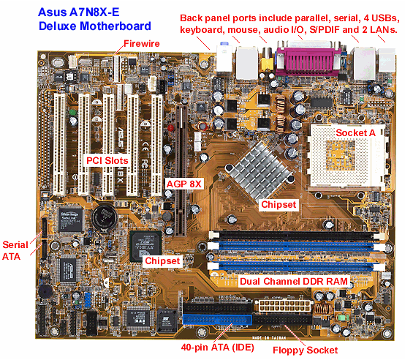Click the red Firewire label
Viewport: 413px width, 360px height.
pyautogui.click(x=142, y=43)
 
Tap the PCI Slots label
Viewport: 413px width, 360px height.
pyautogui.click(x=107, y=160)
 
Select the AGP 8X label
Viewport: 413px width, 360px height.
pyautogui.click(x=184, y=184)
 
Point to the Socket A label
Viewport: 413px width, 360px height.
pyautogui.click(x=355, y=132)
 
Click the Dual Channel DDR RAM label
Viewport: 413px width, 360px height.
pyautogui.click(x=294, y=281)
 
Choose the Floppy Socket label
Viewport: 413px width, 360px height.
pyautogui.click(x=305, y=350)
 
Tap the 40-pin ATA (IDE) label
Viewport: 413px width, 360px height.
pyautogui.click(x=217, y=348)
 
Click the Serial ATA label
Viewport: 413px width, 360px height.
pyautogui.click(x=15, y=250)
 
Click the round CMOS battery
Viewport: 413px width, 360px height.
pyautogui.click(x=104, y=217)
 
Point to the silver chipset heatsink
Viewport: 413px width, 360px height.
pyautogui.click(x=259, y=170)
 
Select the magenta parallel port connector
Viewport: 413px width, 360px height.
pyautogui.click(x=308, y=61)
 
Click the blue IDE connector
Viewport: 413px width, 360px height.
pyautogui.click(x=218, y=320)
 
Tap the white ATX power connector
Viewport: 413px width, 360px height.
pyautogui.click(x=283, y=305)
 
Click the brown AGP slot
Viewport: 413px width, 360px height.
pyautogui.click(x=181, y=170)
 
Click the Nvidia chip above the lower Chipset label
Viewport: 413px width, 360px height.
pyautogui.click(x=145, y=245)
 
